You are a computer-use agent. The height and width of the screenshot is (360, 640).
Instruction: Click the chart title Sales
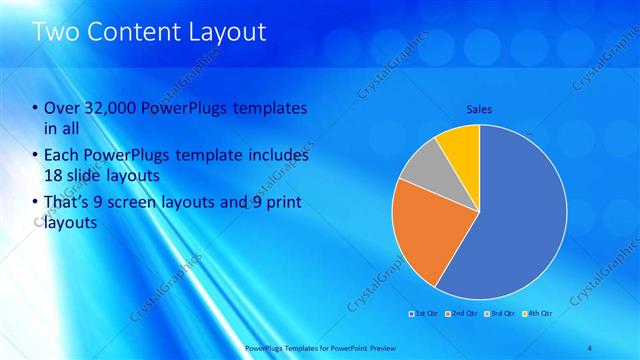(479, 109)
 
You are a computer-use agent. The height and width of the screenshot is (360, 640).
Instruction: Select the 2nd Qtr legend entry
(459, 314)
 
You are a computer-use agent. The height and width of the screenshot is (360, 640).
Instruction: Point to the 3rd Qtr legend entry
(496, 314)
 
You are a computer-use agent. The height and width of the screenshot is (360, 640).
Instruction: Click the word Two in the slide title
(56, 32)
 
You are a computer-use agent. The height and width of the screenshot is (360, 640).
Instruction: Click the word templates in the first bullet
(269, 109)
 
